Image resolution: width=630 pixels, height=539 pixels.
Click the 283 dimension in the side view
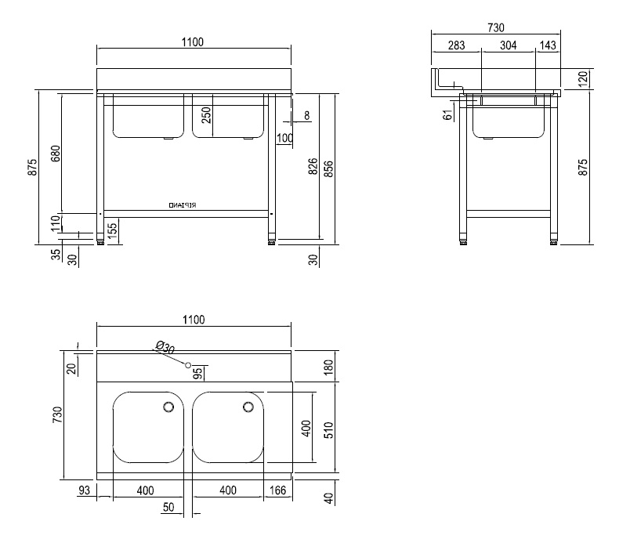456,46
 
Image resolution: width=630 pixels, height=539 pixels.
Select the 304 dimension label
508,46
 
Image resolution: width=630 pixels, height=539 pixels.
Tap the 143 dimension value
548,46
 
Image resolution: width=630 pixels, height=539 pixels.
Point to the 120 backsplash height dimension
582,80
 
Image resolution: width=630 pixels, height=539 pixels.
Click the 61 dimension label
448,114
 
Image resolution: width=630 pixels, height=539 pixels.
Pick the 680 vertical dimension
55,153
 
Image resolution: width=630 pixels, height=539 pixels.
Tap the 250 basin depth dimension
207,115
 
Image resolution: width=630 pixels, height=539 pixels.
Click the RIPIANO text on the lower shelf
183,205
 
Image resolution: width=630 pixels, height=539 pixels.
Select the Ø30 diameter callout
165,347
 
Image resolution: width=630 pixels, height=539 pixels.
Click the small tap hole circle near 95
188,364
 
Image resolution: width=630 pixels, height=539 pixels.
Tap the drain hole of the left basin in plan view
168,407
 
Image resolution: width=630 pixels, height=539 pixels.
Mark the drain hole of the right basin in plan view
248,407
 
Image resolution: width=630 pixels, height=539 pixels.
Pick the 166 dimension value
277,490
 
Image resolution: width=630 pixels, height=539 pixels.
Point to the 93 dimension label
84,490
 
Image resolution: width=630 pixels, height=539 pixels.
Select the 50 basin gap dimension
168,508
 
